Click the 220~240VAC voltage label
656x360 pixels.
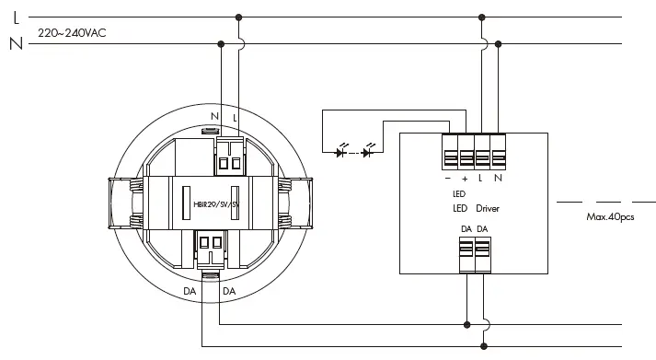[72, 33]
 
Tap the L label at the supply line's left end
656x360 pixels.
[17, 18]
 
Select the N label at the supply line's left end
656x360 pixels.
[17, 43]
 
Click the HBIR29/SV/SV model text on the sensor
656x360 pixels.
[216, 204]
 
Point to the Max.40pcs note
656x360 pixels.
[610, 217]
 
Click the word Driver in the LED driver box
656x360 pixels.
[488, 208]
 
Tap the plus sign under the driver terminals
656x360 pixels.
[465, 179]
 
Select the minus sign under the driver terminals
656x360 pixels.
[448, 179]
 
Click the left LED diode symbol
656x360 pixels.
[341, 152]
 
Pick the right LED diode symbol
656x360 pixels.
[368, 152]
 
